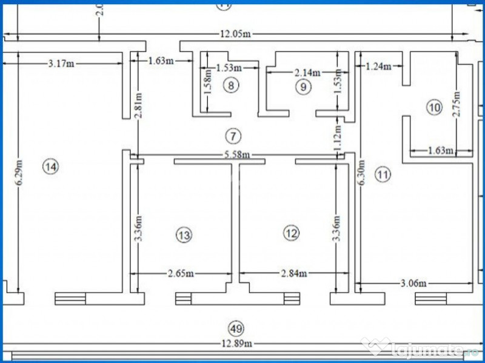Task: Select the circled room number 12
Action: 291,232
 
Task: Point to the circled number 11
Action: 383,175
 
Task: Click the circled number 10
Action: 433,108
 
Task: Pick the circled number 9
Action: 304,87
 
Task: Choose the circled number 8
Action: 230,85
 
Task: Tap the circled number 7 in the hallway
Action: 231,135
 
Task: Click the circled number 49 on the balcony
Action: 236,329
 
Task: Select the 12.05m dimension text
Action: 236,34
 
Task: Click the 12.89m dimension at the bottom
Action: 236,344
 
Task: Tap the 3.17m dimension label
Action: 62,62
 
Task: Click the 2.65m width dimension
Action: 181,273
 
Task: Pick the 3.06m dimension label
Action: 413,283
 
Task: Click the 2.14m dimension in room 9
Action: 307,73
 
